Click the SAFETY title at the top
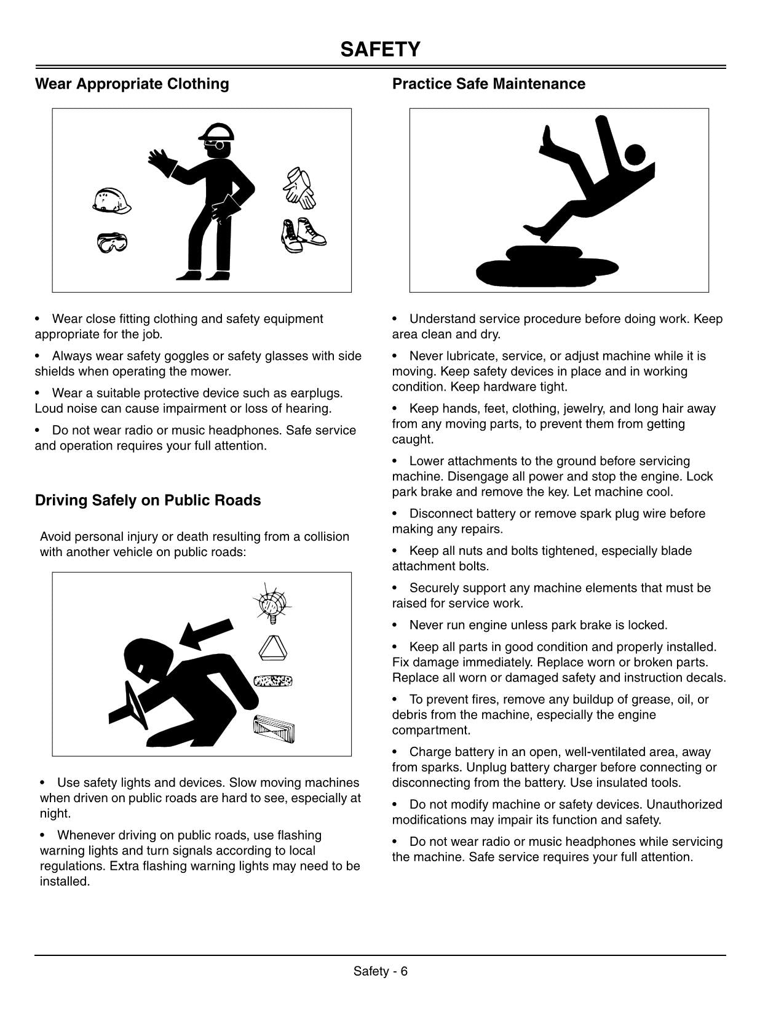pyautogui.click(x=380, y=49)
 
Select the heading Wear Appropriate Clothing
pyautogui.click(x=132, y=84)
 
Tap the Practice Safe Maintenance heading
pyautogui.click(x=488, y=84)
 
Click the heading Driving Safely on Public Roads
pyautogui.click(x=148, y=500)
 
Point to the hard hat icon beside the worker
pyautogui.click(x=111, y=201)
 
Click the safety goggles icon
pyautogui.click(x=112, y=243)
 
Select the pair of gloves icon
pyautogui.click(x=299, y=188)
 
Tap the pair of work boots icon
pyautogui.click(x=304, y=235)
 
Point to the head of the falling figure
pyautogui.click(x=635, y=154)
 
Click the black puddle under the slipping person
pyautogui.click(x=547, y=265)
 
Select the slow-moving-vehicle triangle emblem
pyautogui.click(x=272, y=648)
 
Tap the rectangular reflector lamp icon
pyautogui.click(x=274, y=730)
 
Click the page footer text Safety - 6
pyautogui.click(x=381, y=971)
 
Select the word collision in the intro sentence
pyautogui.click(x=326, y=536)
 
